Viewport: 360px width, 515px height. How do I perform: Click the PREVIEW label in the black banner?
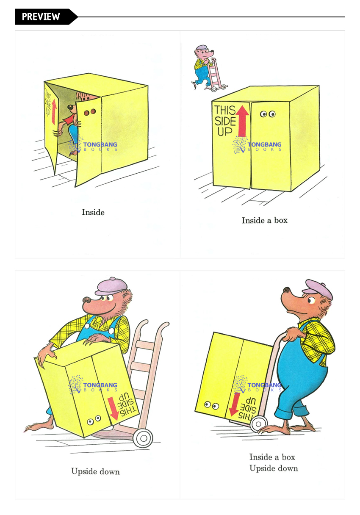click(41, 17)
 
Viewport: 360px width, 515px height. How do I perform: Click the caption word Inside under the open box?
click(93, 212)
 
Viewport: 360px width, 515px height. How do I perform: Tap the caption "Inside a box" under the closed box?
click(265, 220)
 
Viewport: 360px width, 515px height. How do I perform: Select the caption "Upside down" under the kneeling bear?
click(95, 472)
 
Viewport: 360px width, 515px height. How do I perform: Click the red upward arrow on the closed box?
click(242, 120)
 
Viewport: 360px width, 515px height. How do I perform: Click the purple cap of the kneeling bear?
click(111, 287)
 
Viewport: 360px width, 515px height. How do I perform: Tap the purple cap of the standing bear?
click(318, 289)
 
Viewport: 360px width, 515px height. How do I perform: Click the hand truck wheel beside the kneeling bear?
click(143, 438)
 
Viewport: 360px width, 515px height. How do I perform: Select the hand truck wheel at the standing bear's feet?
click(259, 424)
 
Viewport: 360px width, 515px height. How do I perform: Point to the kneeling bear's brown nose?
click(87, 300)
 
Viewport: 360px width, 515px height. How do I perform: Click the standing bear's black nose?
click(286, 289)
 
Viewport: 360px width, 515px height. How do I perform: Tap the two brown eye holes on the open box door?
click(90, 112)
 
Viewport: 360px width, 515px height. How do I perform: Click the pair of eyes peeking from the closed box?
click(268, 114)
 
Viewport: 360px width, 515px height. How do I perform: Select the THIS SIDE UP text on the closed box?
click(225, 120)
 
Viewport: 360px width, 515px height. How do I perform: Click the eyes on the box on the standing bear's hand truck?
click(211, 405)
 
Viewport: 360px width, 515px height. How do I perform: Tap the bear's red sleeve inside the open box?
click(69, 119)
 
